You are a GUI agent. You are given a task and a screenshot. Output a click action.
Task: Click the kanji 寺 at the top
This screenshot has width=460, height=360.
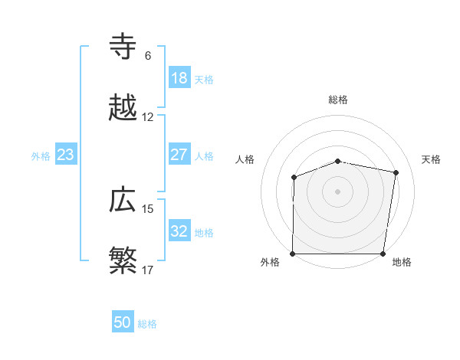[x=123, y=47]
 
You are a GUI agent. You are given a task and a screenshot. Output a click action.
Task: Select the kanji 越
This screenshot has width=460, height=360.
[x=123, y=110]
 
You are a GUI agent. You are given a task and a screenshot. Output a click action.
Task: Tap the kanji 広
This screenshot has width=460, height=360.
[x=123, y=201]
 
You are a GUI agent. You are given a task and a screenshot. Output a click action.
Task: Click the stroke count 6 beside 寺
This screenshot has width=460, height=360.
[x=147, y=56]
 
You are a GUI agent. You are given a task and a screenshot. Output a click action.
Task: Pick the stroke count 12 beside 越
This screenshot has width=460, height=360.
[x=148, y=117]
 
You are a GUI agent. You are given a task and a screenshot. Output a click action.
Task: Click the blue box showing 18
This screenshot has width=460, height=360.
[x=179, y=78]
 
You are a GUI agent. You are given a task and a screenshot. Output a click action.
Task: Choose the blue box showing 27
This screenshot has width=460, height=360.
[x=179, y=155]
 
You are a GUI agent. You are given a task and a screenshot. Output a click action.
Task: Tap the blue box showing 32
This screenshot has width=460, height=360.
[x=179, y=231]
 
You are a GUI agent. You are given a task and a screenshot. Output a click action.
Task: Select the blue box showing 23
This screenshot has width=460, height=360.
[x=66, y=155]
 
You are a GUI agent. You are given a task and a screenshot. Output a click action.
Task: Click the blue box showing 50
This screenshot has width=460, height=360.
[x=123, y=322]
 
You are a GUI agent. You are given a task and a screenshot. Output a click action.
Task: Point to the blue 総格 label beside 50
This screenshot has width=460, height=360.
[x=147, y=324]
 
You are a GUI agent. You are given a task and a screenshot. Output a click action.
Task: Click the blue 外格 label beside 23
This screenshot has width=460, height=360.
[x=41, y=156]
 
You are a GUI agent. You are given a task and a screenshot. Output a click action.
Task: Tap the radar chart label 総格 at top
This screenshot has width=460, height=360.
[x=338, y=100]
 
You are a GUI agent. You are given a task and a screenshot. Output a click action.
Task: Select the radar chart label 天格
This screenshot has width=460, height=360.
[x=432, y=159]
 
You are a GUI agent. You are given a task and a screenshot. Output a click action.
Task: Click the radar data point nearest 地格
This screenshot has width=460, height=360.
[x=383, y=254]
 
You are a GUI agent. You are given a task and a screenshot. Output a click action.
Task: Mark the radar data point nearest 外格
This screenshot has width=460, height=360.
[x=293, y=254]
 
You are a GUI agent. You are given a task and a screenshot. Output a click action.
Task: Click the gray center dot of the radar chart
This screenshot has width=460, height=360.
[x=338, y=191]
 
